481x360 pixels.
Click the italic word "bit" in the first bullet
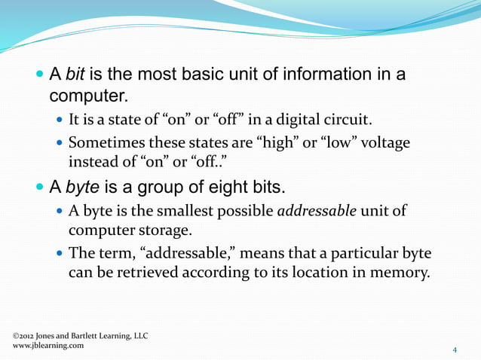[77, 75]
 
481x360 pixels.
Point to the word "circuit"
[350, 121]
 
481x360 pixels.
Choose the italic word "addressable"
[317, 210]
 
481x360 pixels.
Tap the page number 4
[455, 349]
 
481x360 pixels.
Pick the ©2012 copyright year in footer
[26, 334]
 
